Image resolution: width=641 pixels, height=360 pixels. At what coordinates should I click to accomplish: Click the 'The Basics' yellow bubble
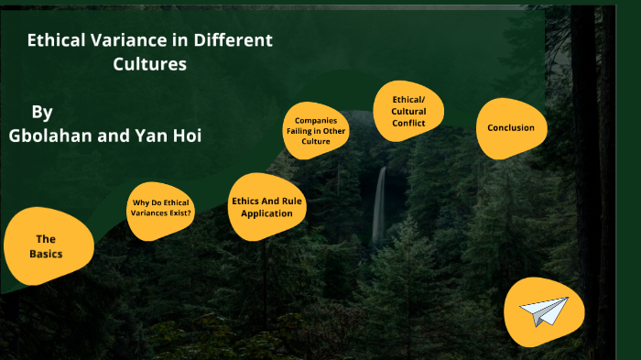(46, 245)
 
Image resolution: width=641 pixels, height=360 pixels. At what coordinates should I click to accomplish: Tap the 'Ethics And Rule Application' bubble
(266, 207)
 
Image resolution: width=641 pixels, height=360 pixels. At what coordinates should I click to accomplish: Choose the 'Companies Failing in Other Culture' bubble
(316, 131)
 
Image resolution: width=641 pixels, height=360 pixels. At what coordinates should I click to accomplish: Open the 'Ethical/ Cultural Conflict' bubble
(407, 111)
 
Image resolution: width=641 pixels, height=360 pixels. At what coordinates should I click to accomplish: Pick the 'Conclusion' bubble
(511, 127)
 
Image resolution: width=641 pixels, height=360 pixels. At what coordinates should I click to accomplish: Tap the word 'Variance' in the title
(125, 41)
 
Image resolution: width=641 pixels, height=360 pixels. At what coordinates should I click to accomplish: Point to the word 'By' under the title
(42, 112)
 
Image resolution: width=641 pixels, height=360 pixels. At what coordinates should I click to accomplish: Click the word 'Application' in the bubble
(266, 213)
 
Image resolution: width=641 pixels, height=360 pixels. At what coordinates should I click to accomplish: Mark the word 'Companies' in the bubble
(316, 120)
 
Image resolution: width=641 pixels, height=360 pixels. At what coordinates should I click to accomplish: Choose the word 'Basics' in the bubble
(46, 253)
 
